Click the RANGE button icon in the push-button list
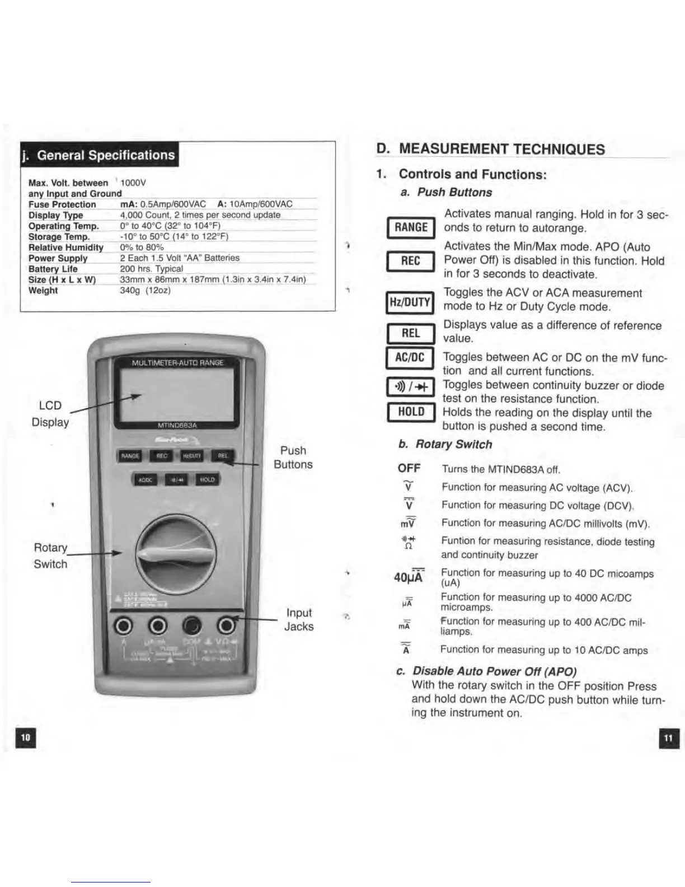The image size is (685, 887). point(411,227)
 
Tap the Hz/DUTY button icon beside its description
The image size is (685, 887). point(410,302)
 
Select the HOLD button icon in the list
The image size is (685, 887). point(411,412)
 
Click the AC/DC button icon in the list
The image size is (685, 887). point(410,358)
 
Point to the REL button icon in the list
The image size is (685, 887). point(411,334)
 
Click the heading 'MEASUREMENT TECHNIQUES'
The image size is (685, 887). point(501,150)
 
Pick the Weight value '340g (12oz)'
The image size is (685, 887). point(146,290)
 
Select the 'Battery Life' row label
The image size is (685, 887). point(53,269)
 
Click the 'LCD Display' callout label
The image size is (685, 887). point(50,413)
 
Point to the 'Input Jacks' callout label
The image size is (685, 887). point(299,619)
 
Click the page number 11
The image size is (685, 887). point(668,738)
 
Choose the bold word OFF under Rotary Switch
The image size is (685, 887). point(409,468)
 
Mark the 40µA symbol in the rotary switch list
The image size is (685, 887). point(409,576)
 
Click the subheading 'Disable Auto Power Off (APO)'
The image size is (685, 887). point(494,671)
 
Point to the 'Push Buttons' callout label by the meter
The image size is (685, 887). point(293,457)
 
